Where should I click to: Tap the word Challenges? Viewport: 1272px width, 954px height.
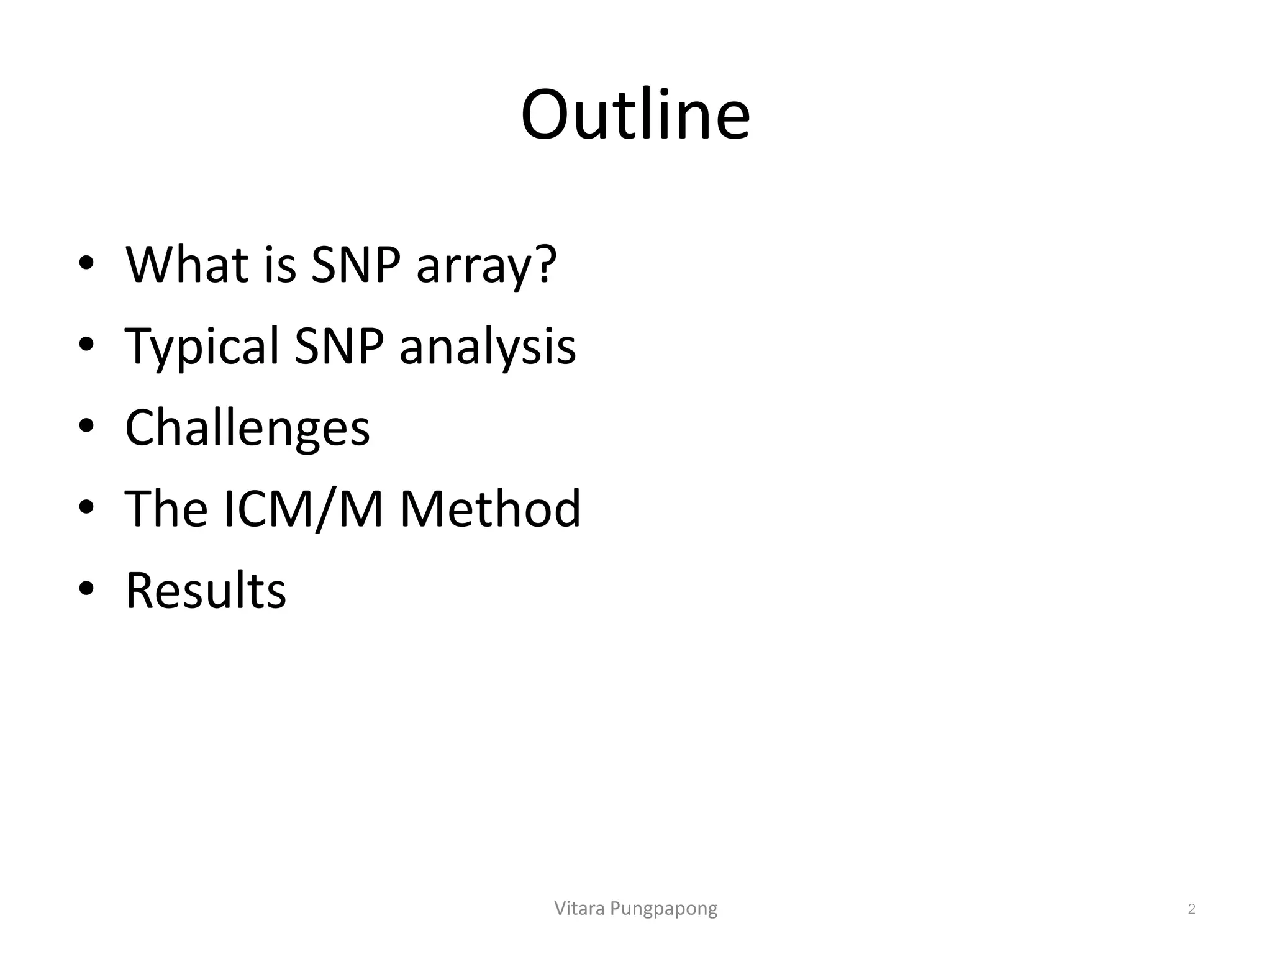click(x=247, y=429)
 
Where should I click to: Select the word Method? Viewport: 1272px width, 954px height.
click(x=490, y=509)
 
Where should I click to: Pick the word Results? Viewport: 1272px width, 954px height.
click(x=206, y=591)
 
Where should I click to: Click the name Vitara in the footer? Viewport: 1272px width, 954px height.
click(x=579, y=909)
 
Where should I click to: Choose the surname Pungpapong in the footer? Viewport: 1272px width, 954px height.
click(x=664, y=909)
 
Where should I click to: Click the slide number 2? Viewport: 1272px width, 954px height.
click(x=1191, y=909)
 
